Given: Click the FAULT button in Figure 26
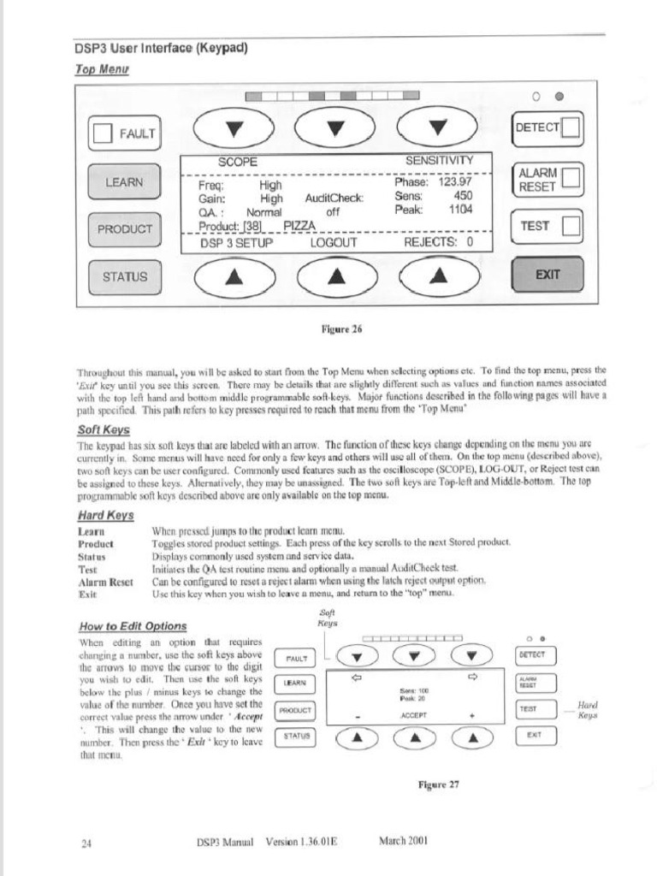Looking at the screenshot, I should click(x=125, y=133).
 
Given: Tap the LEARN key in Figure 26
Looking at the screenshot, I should click(x=124, y=182).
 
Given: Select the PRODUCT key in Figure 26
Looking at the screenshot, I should click(x=124, y=229).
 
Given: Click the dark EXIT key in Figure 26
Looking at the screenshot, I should click(x=547, y=275).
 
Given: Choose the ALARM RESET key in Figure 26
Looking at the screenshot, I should click(x=547, y=180).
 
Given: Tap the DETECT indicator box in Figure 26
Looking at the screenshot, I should click(x=571, y=128).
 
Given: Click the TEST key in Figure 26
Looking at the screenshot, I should click(x=547, y=227).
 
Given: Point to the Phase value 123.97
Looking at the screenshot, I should click(x=455, y=181).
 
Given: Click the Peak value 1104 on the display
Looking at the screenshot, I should click(x=459, y=210).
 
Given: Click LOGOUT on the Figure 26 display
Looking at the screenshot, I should click(x=334, y=242).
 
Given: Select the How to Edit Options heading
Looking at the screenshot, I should click(x=132, y=625).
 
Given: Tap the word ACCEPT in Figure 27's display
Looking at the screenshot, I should click(x=413, y=714).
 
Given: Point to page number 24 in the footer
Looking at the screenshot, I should click(x=86, y=843).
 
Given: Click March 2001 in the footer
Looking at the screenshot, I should click(x=403, y=840).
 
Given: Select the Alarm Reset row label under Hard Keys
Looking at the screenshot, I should click(x=105, y=581).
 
